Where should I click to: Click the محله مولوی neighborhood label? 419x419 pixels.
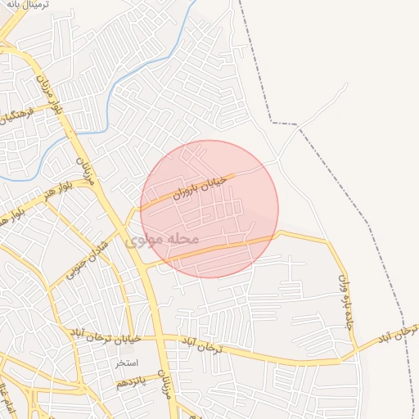pyautogui.click(x=164, y=240)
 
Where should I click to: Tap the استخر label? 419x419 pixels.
pyautogui.click(x=126, y=363)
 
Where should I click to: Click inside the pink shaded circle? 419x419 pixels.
pyautogui.click(x=209, y=209)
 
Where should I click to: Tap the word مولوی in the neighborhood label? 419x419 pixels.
pyautogui.click(x=147, y=241)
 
